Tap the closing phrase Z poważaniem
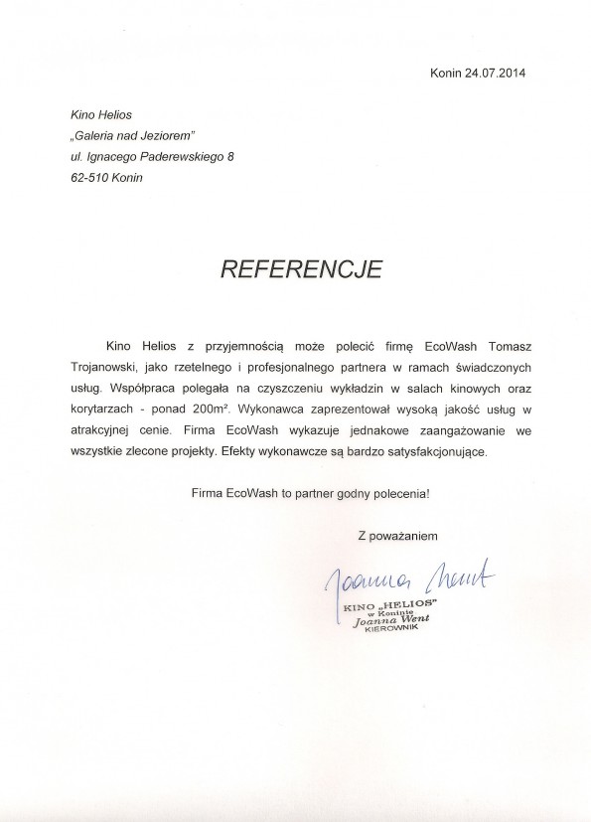pyautogui.click(x=398, y=537)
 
